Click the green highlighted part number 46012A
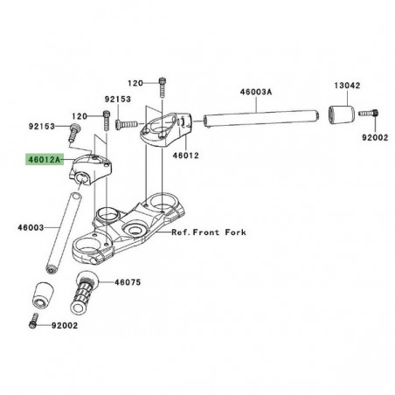pos(45,161)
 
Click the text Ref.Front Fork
pos(209,233)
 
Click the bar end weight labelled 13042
pos(343,117)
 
